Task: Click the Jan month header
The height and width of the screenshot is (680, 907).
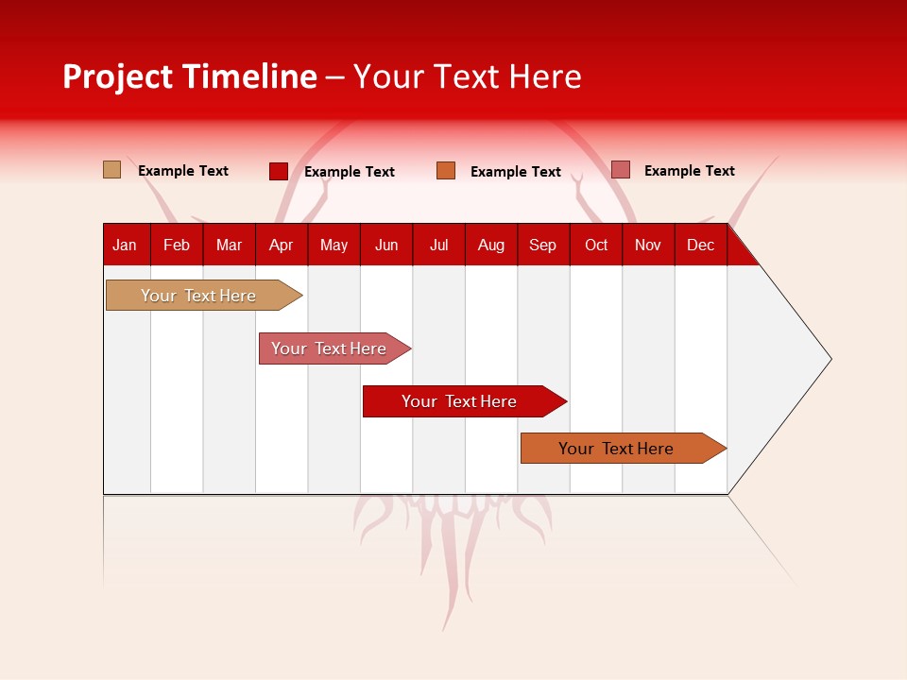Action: click(125, 245)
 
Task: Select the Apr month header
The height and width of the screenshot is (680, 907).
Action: click(281, 245)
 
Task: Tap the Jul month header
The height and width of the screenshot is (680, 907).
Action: click(438, 245)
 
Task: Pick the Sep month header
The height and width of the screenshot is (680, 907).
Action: click(542, 245)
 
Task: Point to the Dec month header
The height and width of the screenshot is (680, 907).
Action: click(700, 245)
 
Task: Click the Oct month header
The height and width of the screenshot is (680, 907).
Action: click(596, 245)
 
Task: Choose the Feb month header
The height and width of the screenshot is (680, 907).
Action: click(177, 245)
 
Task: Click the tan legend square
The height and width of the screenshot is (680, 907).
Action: click(112, 170)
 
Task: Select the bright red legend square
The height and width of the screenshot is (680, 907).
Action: click(279, 171)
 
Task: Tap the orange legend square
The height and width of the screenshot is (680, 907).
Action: click(446, 171)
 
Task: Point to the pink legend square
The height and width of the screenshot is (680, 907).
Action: click(620, 170)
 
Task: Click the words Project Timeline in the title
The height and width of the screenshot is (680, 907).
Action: click(190, 76)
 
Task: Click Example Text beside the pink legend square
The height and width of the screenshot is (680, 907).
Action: click(689, 171)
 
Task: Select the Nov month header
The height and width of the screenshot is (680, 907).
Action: click(648, 245)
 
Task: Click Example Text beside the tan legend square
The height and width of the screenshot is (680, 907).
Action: click(183, 171)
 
